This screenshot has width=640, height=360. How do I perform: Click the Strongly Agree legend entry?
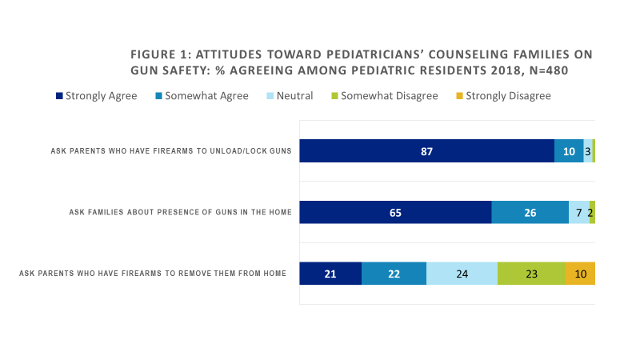(96, 96)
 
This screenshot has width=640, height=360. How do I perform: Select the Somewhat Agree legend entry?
(203, 96)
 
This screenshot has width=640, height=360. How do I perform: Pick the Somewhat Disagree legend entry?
(383, 96)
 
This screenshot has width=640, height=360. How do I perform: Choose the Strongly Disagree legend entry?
(504, 96)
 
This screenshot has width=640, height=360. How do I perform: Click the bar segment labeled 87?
(426, 151)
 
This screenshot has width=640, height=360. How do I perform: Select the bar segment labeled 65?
(395, 212)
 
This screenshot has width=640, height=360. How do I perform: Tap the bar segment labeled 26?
(530, 212)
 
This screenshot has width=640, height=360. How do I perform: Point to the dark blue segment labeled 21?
(330, 274)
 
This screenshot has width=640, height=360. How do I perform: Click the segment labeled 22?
(394, 274)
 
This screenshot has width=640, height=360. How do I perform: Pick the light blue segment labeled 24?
(462, 274)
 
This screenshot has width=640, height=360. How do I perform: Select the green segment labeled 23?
(531, 274)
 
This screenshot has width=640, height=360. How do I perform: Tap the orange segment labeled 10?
(580, 274)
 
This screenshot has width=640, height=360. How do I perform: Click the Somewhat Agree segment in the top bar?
(569, 151)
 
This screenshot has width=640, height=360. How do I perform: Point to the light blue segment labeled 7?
(579, 212)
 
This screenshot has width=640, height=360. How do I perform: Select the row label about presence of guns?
(180, 212)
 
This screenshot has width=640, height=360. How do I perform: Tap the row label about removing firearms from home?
(153, 274)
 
